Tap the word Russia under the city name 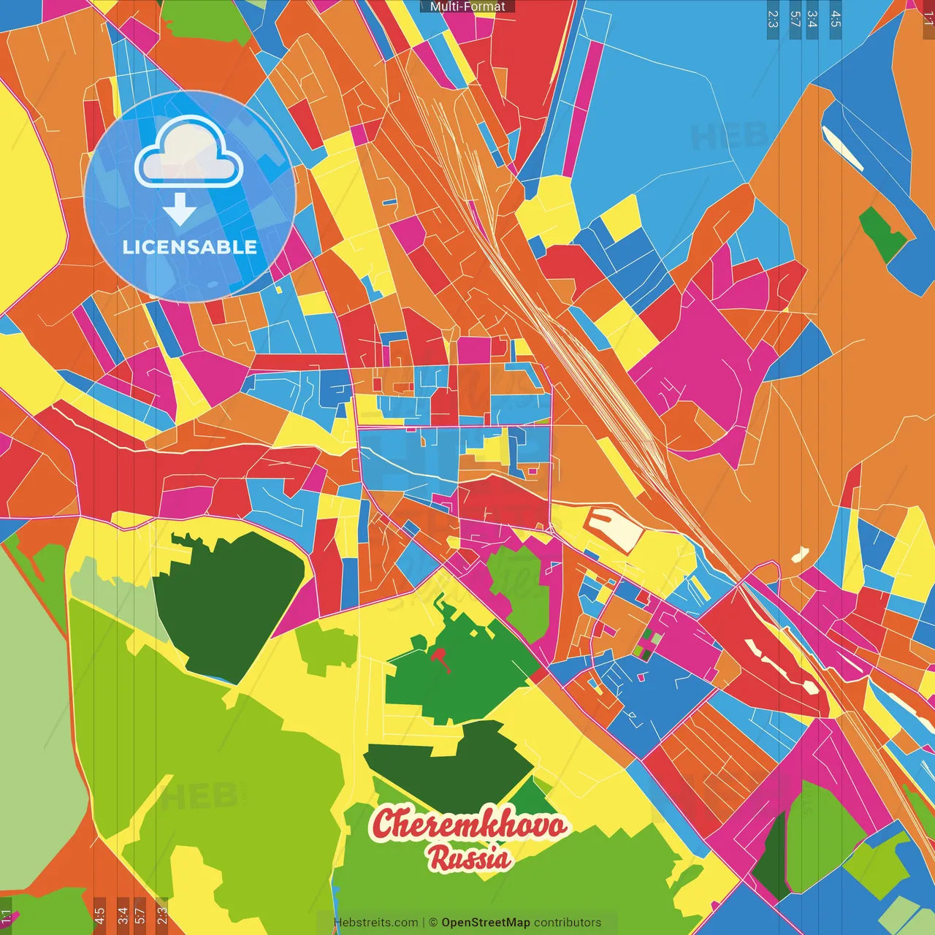pos(469,858)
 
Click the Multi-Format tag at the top pos(467,7)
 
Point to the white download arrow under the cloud pos(180,210)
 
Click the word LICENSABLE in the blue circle pos(190,247)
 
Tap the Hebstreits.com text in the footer pos(375,923)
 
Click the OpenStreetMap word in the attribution pos(486,923)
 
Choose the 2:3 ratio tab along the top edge pos(773,19)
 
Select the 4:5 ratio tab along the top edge pos(836,19)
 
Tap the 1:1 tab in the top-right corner pos(928,19)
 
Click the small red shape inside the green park pos(440,657)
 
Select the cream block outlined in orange pos(614,528)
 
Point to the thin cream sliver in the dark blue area pos(842,148)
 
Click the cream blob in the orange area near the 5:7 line pos(800,554)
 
